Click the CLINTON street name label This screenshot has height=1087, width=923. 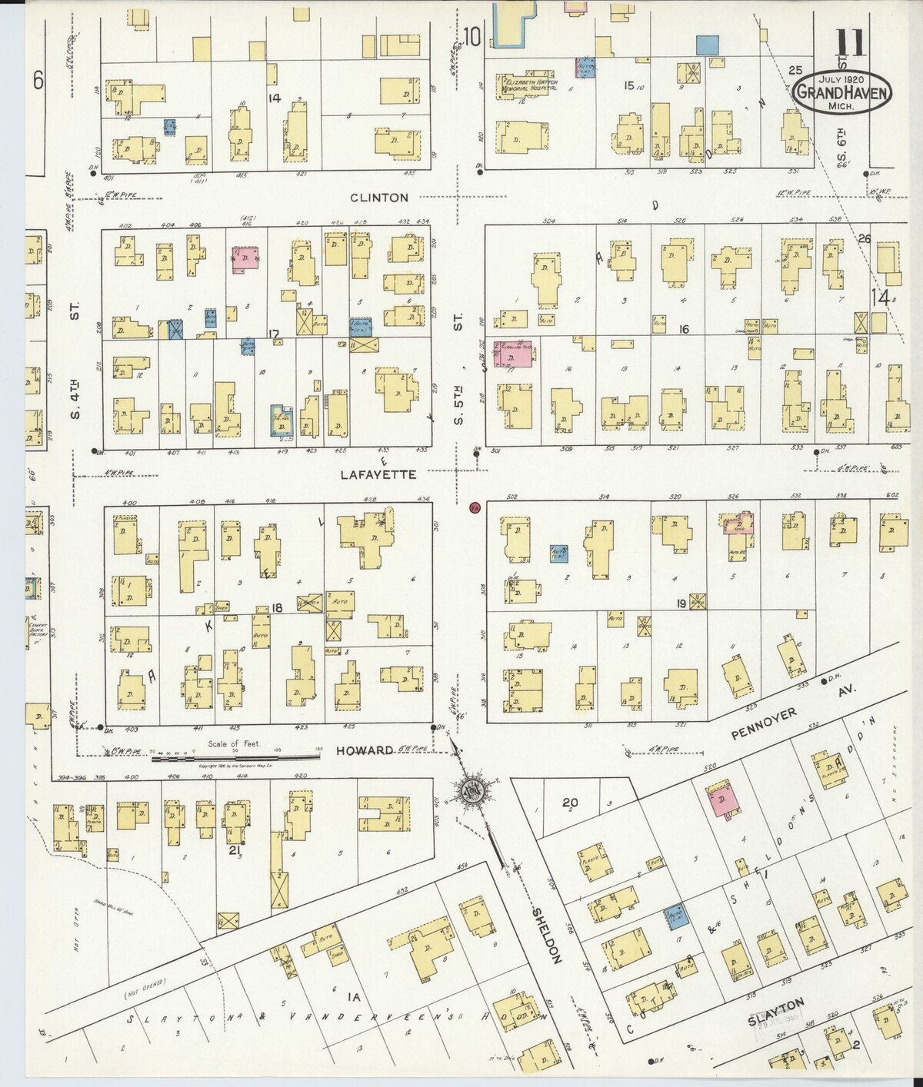(x=379, y=198)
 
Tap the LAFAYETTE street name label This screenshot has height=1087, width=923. (x=378, y=475)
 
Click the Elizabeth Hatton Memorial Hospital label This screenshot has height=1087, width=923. (x=530, y=85)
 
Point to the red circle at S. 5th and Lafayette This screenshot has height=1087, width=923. (x=475, y=507)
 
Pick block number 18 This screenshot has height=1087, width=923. (x=276, y=609)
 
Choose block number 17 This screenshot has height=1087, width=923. (x=273, y=333)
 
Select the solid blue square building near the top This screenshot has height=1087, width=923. (x=707, y=45)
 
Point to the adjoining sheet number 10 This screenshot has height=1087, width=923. (x=472, y=35)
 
